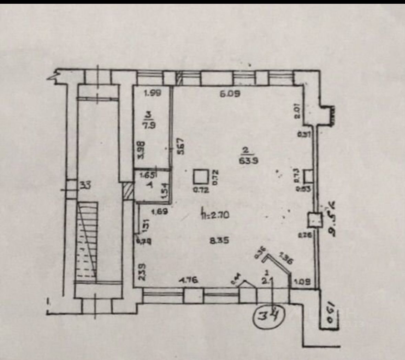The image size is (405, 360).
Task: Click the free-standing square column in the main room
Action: click(x=200, y=177)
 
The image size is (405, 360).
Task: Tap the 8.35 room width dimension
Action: click(x=219, y=241)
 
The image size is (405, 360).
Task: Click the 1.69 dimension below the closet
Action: click(x=159, y=212)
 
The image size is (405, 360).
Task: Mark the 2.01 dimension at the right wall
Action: click(x=298, y=111)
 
